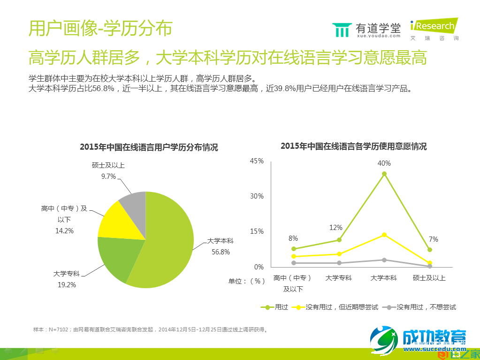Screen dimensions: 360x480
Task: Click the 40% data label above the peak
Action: (384, 163)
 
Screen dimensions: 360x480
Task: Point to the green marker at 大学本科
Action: (384, 174)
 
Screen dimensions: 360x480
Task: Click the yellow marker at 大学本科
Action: (384, 235)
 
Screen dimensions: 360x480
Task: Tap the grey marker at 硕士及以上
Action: (429, 266)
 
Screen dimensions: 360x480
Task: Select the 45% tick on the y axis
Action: (257, 161)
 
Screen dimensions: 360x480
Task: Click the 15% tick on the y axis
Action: (257, 231)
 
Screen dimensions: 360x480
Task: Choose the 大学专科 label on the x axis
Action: (338, 278)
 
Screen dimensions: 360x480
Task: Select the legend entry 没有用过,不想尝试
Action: (419, 307)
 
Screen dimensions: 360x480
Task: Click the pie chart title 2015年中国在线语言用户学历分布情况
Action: (149, 147)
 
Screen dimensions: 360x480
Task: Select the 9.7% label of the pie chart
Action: (108, 176)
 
